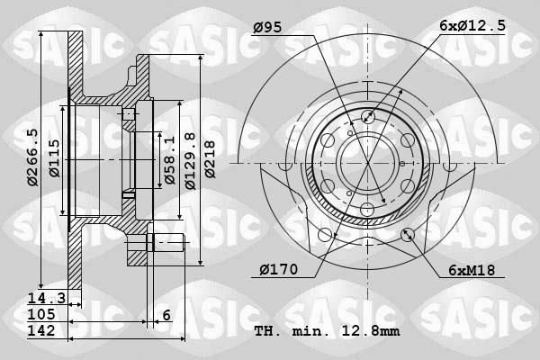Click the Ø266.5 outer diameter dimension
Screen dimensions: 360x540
(x=32, y=158)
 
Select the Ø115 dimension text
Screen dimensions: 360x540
(x=54, y=160)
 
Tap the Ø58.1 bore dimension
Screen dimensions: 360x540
(x=169, y=160)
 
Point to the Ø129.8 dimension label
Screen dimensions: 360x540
(x=189, y=160)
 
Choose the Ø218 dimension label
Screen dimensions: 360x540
(x=210, y=160)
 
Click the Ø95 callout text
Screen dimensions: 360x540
(x=268, y=28)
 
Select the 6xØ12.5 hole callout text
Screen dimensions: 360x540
(x=472, y=28)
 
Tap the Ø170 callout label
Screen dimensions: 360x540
(x=275, y=269)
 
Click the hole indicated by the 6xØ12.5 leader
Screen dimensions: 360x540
(x=366, y=116)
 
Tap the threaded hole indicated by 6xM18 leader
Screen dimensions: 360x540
(x=407, y=235)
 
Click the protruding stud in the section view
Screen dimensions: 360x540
(x=166, y=240)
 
